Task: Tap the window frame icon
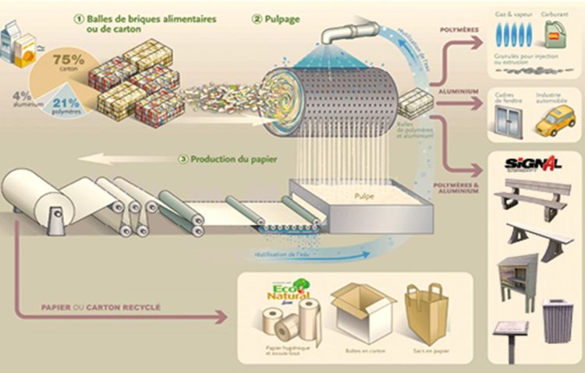[509, 121]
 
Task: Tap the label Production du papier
[231, 160]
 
